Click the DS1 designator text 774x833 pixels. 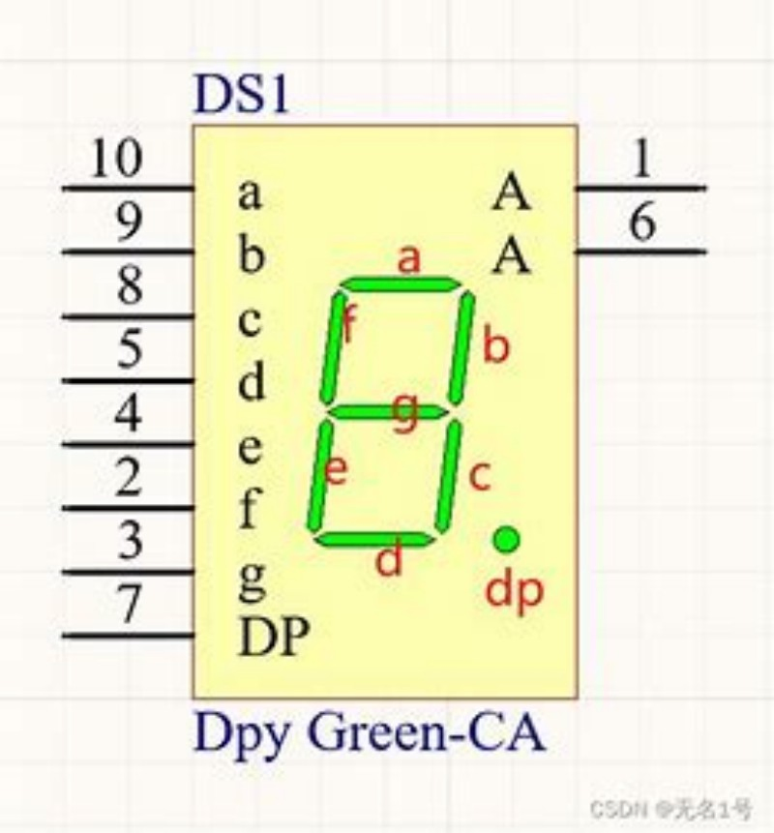click(x=242, y=95)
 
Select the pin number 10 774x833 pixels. click(x=116, y=158)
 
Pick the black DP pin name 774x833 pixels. click(x=274, y=637)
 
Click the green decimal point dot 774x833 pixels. click(x=506, y=539)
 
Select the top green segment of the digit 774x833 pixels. click(x=400, y=284)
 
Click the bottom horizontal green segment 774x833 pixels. click(x=374, y=540)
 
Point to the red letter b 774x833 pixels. click(x=496, y=344)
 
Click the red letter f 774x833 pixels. click(x=349, y=323)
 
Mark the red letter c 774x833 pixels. click(x=480, y=475)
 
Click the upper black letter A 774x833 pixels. click(x=511, y=193)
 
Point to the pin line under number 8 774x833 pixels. click(x=129, y=317)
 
